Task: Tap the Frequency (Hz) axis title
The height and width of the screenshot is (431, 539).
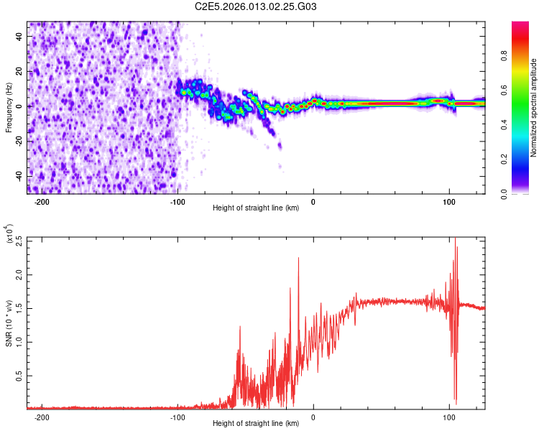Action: pos(9,108)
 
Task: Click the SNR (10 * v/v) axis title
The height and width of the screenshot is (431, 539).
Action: pos(9,323)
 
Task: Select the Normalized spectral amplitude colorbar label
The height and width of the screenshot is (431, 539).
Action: pos(534,108)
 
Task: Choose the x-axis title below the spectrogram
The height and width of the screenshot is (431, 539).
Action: pos(256,208)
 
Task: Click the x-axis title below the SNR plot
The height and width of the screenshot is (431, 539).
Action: pos(256,423)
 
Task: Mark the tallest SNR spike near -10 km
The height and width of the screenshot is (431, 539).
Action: pos(298,258)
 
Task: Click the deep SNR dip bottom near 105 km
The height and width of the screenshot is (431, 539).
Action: pos(456,403)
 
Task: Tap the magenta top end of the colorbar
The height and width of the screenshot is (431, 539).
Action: pos(521,25)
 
